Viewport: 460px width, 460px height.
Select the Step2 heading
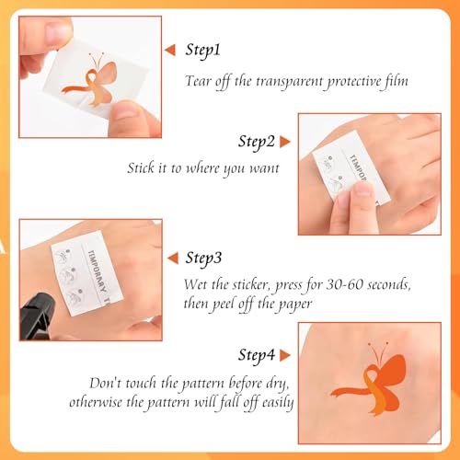(257, 141)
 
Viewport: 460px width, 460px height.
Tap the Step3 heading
(207, 257)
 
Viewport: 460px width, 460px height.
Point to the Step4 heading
(257, 354)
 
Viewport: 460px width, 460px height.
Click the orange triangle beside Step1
(169, 49)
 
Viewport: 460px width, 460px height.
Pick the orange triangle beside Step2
(285, 141)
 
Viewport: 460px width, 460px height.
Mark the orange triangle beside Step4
(285, 354)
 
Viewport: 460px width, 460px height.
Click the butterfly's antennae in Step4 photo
(374, 351)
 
